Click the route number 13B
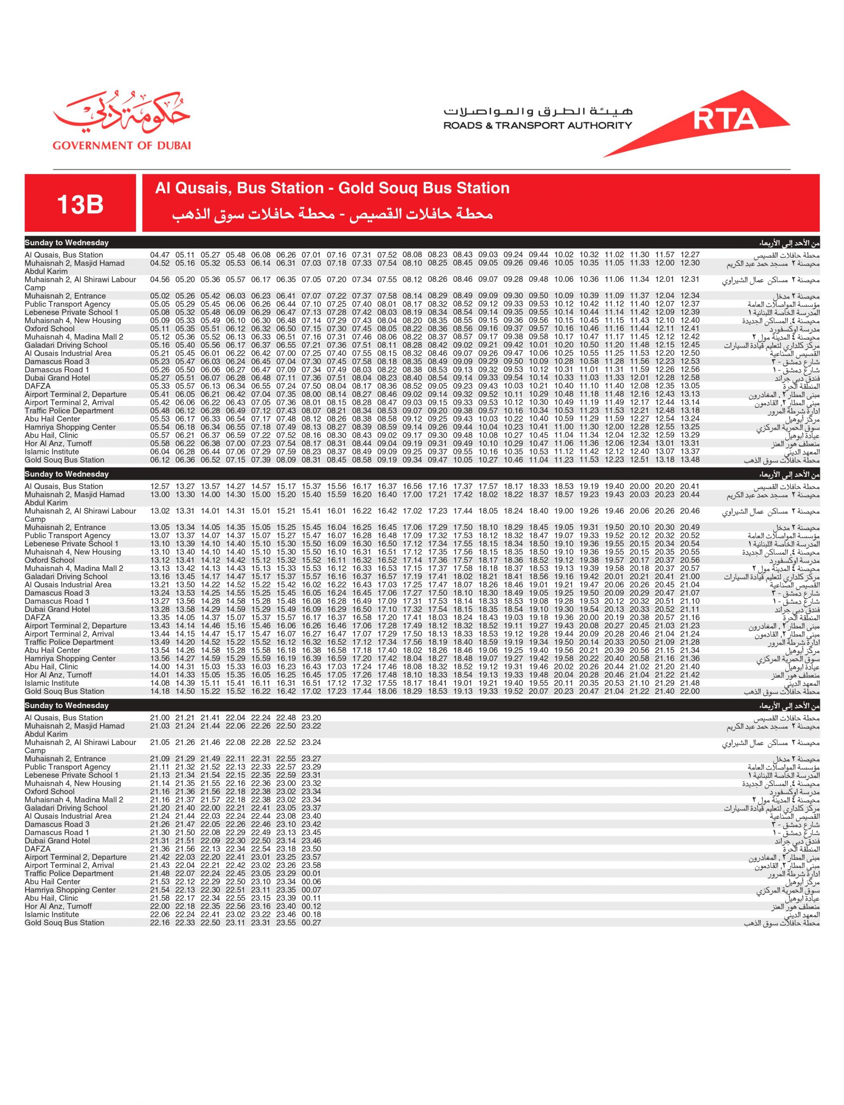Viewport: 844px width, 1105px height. click(80, 204)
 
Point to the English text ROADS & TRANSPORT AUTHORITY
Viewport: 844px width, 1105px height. click(538, 126)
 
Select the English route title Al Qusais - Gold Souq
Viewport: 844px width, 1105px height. click(332, 188)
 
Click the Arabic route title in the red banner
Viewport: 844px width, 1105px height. click(332, 215)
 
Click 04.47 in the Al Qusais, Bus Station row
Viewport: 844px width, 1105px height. click(160, 255)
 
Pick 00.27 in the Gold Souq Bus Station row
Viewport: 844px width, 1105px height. click(311, 923)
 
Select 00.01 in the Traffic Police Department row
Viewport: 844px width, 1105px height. click(311, 874)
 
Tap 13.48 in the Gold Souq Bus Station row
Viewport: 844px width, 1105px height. click(690, 460)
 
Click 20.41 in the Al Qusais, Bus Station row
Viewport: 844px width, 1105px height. click(690, 486)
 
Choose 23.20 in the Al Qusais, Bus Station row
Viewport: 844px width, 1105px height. click(311, 718)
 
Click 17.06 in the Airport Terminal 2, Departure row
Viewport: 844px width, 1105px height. click(362, 625)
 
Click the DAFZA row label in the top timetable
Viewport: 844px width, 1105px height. click(38, 386)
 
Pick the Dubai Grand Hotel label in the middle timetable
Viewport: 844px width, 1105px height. click(57, 609)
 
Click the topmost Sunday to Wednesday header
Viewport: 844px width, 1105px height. click(67, 243)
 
